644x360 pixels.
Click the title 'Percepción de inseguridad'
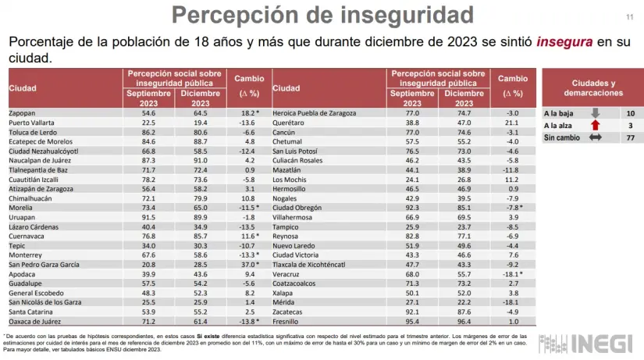322,14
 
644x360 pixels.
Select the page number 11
629,17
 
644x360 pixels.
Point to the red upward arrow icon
595,125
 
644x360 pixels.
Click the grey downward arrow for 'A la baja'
595,113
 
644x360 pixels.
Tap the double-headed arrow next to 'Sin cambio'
595,137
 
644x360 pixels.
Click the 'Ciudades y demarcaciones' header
593,87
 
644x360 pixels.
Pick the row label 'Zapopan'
22,113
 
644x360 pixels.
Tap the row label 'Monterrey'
25,255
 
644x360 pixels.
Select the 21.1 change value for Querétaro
512,123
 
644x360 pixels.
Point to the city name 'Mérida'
283,301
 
